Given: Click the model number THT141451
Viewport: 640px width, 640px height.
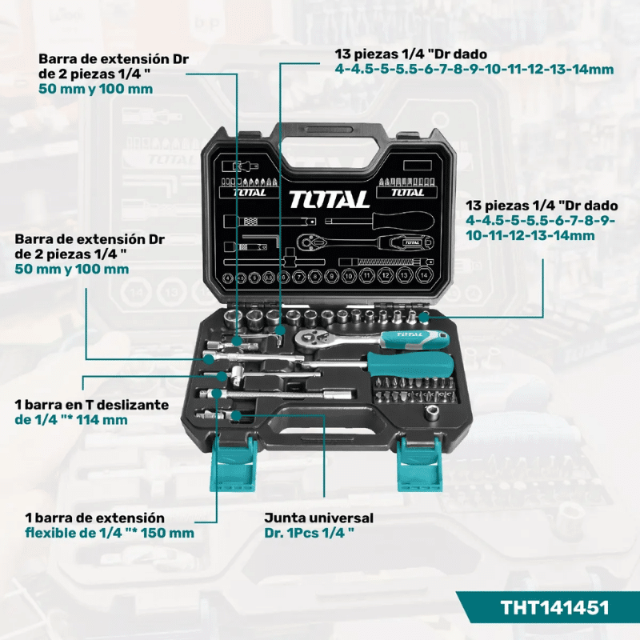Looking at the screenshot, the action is [x=554, y=607].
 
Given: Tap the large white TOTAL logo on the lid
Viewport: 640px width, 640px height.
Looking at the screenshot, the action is [x=329, y=199].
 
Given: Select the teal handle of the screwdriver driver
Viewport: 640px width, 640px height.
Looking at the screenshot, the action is [x=410, y=365].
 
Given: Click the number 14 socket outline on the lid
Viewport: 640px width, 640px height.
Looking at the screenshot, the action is [x=424, y=275].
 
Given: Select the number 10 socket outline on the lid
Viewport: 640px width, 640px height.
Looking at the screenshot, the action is [x=349, y=276].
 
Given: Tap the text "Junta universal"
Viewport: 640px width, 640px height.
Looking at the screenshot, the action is [x=318, y=518].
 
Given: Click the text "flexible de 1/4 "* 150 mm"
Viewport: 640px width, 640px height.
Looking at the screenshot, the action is [x=110, y=533].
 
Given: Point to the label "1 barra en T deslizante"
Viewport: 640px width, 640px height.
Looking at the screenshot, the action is [x=92, y=405].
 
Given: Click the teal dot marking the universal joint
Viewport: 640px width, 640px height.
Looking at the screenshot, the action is [x=235, y=415].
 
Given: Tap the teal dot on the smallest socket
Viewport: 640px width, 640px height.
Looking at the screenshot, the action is [x=425, y=316].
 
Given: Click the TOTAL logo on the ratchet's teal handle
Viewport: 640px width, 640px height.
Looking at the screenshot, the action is [x=410, y=334].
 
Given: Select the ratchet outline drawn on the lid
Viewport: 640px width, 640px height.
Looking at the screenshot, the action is [x=364, y=243].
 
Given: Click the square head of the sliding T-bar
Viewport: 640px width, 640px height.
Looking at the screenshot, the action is [x=238, y=372].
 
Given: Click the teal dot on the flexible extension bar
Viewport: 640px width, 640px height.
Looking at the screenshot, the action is [x=217, y=393].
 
